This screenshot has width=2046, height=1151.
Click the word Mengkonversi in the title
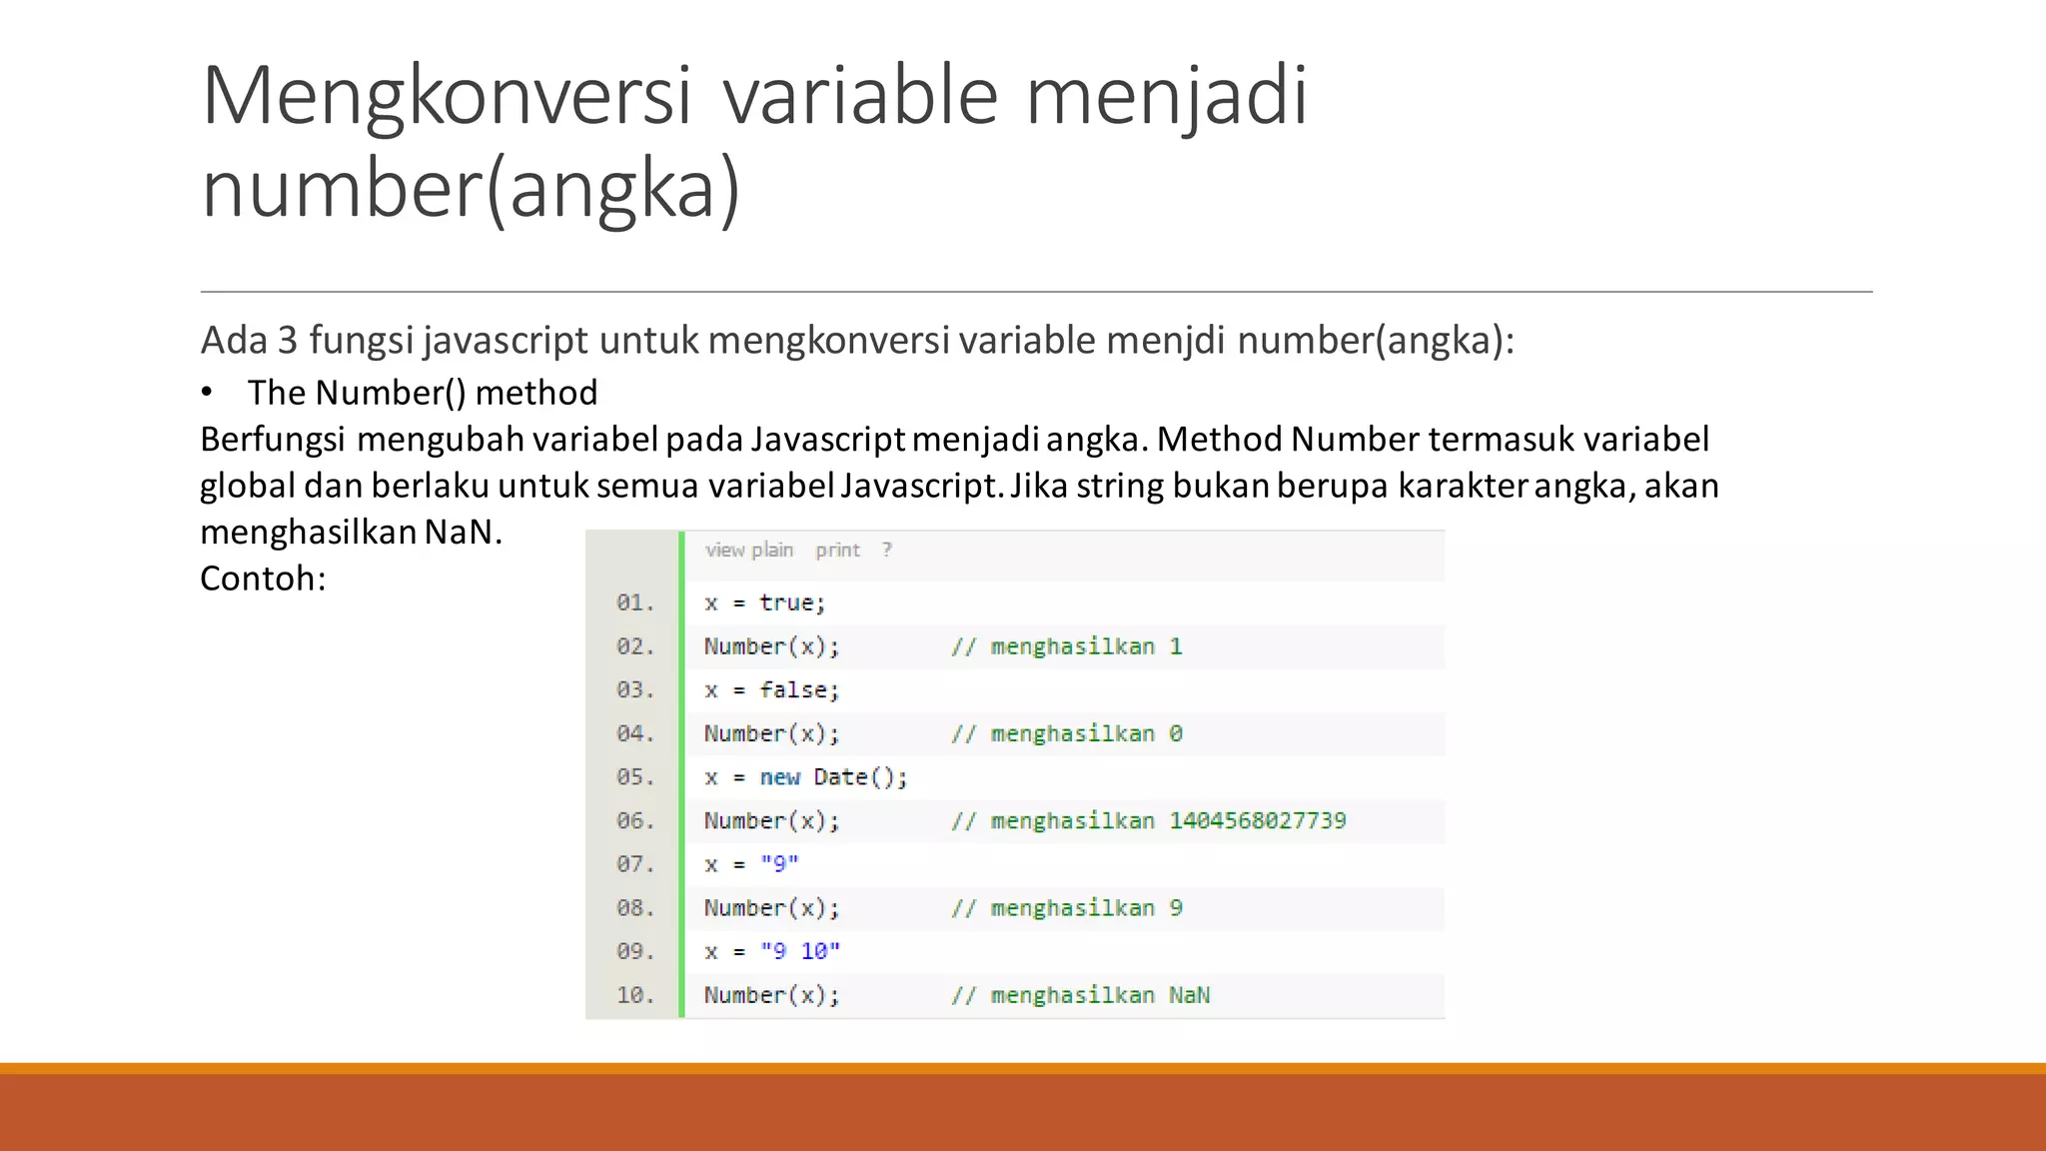447,96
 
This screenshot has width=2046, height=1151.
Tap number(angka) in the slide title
471,188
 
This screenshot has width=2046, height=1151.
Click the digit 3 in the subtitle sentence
288,341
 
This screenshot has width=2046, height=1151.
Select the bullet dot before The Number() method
207,392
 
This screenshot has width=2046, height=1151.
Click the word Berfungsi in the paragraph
273,440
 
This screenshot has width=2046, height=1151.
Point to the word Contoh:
263,578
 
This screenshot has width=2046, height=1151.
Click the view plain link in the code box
748,550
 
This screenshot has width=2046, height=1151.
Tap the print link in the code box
837,550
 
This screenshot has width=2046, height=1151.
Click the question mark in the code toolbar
886,550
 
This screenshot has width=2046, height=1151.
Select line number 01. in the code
635,602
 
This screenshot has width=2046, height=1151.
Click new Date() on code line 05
833,777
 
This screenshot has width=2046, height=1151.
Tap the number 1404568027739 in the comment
1258,820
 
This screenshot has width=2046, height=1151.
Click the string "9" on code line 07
779,864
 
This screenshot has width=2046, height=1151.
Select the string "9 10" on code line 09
800,951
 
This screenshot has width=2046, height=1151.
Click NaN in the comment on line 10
1189,995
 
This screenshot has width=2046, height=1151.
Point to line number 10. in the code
635,995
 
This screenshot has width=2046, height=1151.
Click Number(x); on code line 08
771,908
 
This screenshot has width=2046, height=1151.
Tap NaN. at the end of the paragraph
463,532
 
